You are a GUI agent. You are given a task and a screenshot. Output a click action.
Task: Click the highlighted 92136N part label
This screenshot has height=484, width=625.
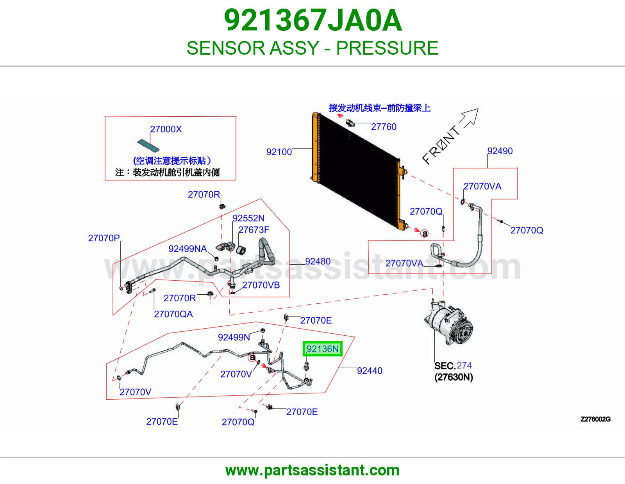tap(322, 349)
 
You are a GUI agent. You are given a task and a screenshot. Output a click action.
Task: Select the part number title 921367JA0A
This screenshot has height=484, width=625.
tap(313, 20)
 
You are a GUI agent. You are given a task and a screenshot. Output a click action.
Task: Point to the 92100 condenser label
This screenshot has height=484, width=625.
tap(279, 152)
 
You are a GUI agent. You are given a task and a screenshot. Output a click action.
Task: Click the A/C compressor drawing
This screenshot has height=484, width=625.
tap(449, 323)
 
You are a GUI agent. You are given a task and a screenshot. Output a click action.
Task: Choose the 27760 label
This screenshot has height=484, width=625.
tap(384, 127)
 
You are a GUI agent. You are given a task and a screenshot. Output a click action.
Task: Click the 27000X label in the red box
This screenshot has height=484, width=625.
tap(166, 129)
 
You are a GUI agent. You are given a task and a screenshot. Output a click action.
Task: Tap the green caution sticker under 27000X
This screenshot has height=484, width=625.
tap(148, 146)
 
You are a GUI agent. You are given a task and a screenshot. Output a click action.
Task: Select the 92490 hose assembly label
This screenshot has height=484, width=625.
tap(500, 151)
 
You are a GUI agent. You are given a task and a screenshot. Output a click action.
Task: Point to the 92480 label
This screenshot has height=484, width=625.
tap(318, 261)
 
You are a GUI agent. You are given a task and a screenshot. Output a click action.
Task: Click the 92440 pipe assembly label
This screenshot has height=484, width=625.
tap(370, 371)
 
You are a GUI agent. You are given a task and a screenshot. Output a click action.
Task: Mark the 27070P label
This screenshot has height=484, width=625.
tap(104, 238)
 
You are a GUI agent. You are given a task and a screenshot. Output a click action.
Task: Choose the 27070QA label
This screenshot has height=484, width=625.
tap(173, 314)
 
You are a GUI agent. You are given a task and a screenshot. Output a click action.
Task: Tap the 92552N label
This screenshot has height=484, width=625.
tap(248, 218)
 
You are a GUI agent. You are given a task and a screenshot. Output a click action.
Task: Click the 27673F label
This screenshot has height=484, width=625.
tap(254, 230)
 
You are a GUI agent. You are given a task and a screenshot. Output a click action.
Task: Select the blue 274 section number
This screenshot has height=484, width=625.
tap(464, 365)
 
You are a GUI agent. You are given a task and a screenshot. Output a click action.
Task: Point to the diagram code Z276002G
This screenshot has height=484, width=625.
tap(595, 419)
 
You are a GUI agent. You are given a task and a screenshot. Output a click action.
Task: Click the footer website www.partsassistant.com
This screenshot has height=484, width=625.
tap(312, 470)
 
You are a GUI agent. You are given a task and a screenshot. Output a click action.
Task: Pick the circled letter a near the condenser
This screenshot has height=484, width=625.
tap(425, 234)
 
